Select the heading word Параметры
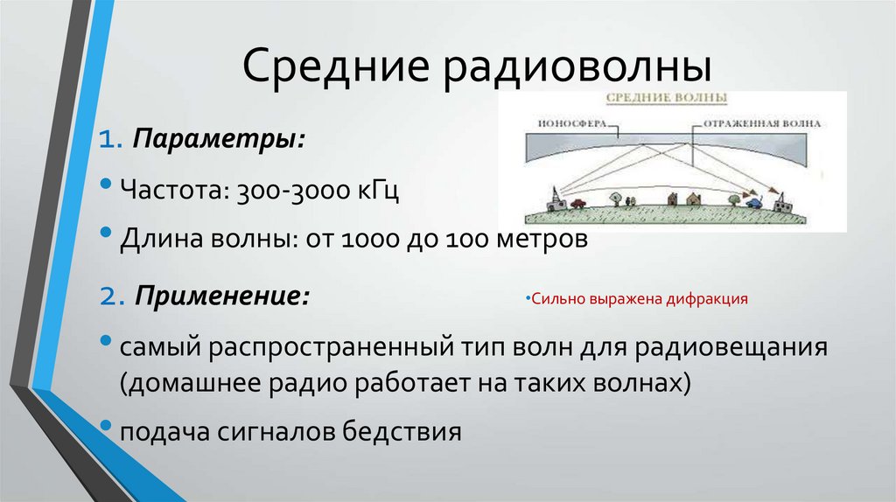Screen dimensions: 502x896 coord(219,140)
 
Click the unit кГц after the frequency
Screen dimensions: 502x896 coord(377,191)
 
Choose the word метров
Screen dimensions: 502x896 coord(532,240)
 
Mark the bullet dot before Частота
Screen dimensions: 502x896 coord(106,185)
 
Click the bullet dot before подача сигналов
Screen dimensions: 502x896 coord(106,427)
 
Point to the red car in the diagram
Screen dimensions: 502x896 coord(578,205)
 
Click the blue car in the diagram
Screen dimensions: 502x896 coord(752,202)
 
